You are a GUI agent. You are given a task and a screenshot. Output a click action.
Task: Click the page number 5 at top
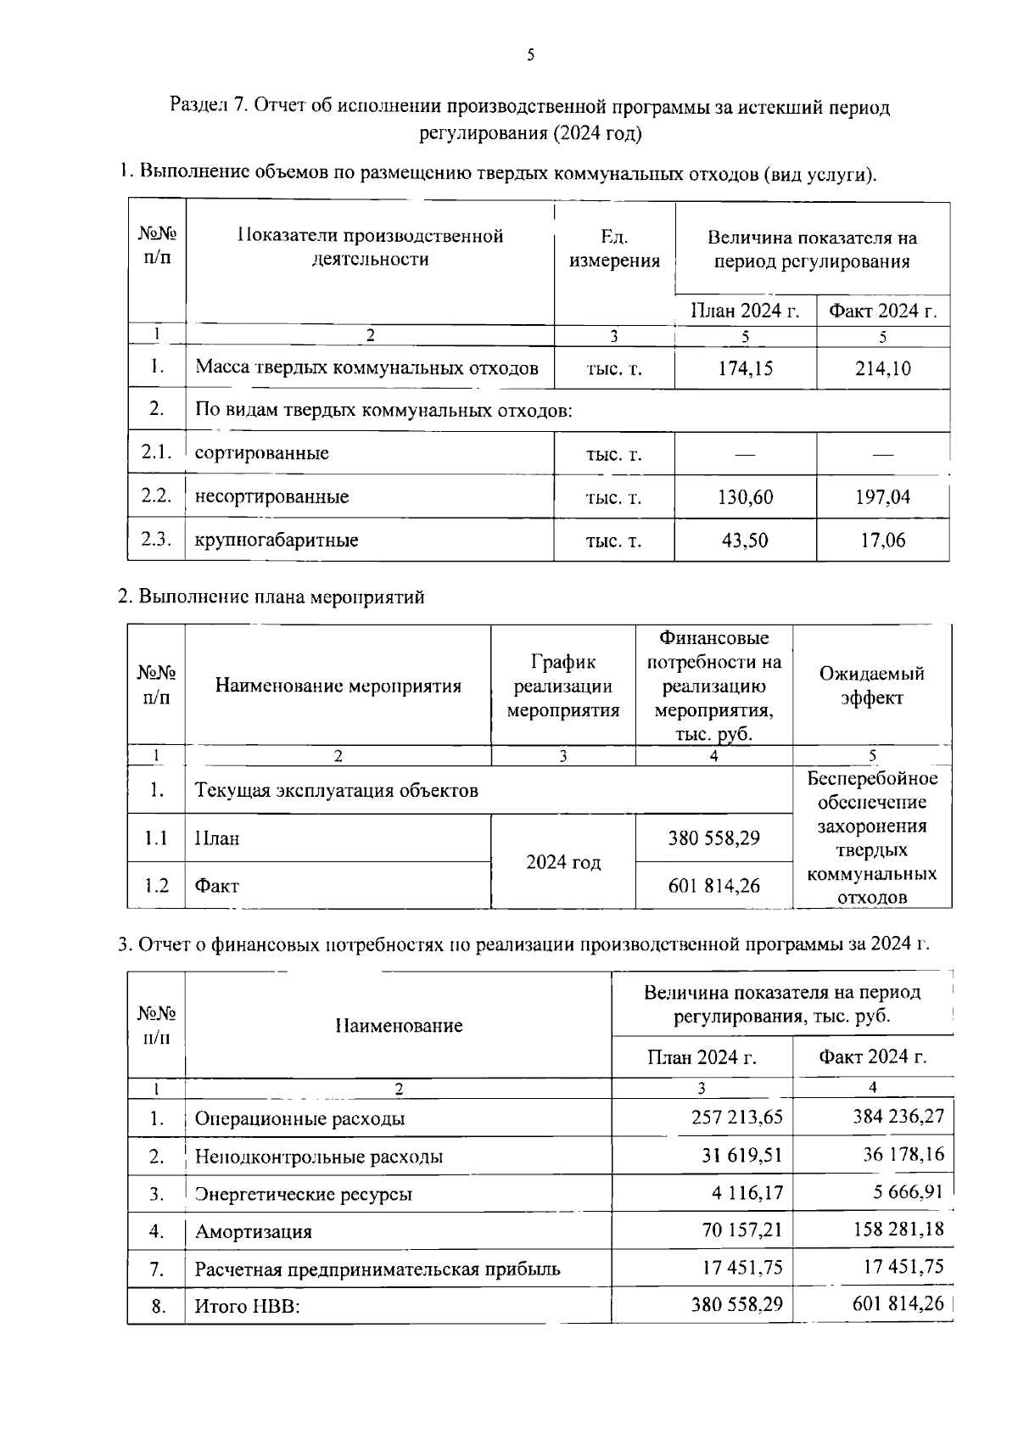click(531, 56)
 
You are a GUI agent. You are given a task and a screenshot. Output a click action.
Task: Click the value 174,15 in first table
click(745, 368)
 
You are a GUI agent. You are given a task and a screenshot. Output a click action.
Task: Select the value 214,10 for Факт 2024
click(882, 368)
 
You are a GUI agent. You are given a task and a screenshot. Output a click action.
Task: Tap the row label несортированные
click(271, 497)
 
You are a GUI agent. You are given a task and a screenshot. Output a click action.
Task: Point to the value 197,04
click(882, 497)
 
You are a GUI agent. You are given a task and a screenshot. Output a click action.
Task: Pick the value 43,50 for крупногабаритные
click(745, 541)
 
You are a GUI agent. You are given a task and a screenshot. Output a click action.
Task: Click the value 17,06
click(882, 541)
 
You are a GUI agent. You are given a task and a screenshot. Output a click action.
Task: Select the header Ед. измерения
click(614, 249)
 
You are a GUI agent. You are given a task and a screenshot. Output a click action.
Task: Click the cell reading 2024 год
click(563, 862)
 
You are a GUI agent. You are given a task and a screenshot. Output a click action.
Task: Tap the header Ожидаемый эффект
click(871, 686)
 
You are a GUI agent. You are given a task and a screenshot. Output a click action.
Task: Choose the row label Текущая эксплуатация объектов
click(337, 791)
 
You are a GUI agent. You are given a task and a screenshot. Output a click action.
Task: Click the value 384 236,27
click(898, 1116)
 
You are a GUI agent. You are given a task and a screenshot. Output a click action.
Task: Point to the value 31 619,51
click(736, 1155)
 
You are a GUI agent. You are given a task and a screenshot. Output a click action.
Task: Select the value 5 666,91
click(908, 1192)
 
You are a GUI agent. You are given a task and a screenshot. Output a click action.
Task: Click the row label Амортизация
click(254, 1231)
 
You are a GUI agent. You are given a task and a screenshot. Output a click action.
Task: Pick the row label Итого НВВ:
click(248, 1307)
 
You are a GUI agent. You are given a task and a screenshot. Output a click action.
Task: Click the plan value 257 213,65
click(736, 1117)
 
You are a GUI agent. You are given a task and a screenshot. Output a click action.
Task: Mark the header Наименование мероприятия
click(338, 686)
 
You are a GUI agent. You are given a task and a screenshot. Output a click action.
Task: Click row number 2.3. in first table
click(156, 540)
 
